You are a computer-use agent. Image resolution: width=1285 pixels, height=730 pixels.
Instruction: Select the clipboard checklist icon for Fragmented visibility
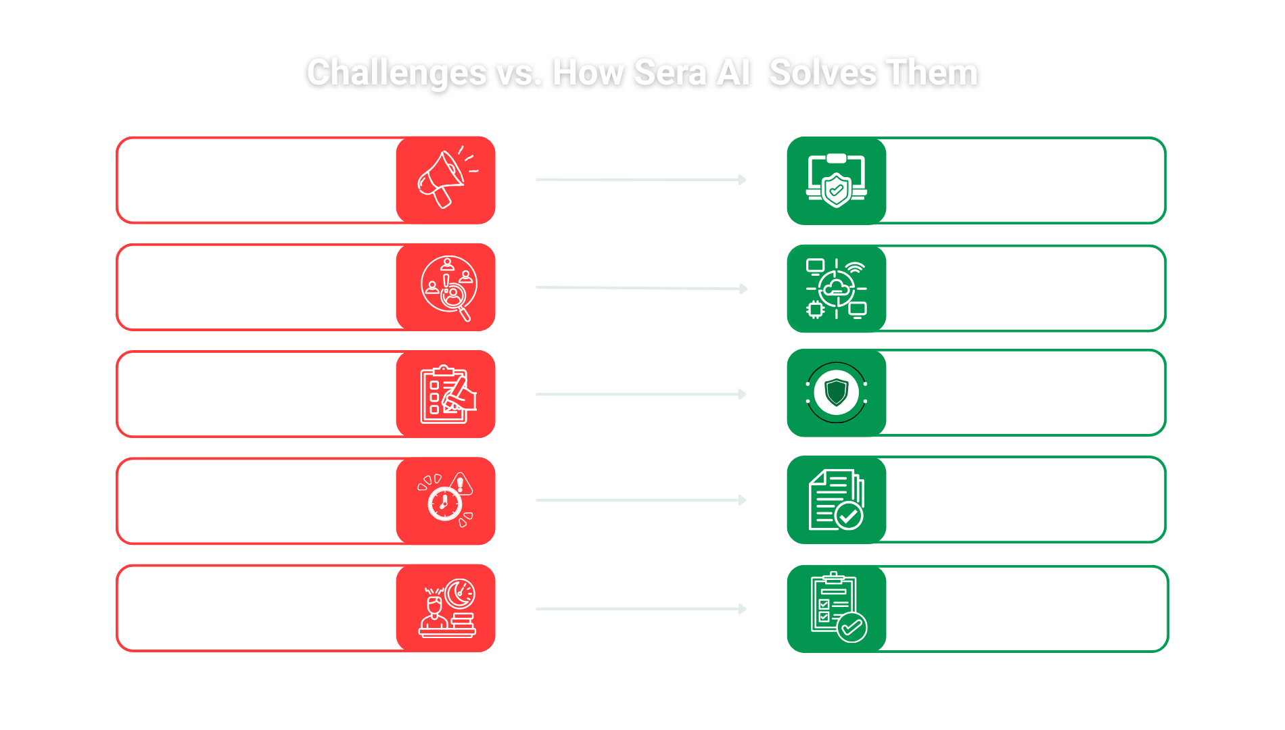(x=446, y=394)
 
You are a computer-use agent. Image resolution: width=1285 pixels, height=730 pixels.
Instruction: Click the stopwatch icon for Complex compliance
(x=445, y=501)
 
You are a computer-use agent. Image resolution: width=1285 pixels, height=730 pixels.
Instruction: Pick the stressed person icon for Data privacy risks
(x=446, y=608)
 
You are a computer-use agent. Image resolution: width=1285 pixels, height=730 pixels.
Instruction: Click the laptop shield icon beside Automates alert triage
(x=837, y=180)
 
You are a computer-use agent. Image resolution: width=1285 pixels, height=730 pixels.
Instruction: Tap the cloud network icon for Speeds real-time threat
(x=837, y=289)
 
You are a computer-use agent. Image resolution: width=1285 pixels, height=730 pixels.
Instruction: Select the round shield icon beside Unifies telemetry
(x=837, y=393)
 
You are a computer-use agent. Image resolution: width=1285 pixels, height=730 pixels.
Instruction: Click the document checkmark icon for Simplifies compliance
(x=837, y=500)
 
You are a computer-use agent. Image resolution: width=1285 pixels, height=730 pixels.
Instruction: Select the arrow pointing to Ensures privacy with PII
(x=640, y=609)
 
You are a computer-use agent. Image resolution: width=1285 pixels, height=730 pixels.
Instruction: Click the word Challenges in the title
(x=396, y=73)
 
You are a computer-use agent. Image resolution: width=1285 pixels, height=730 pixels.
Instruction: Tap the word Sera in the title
(x=670, y=73)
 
